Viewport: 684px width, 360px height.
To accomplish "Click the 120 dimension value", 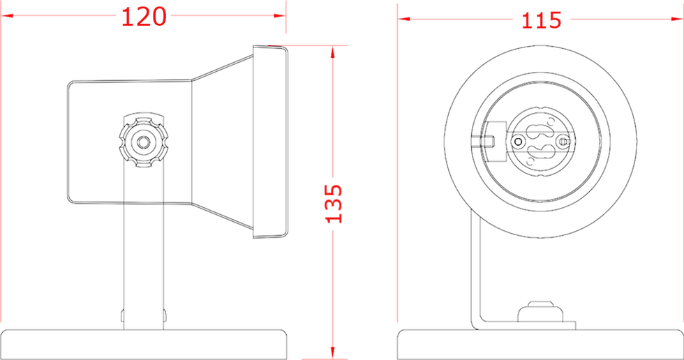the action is coord(144,17).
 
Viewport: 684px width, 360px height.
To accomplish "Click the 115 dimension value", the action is coord(542,20).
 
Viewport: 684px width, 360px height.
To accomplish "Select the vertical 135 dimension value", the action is coord(334,204).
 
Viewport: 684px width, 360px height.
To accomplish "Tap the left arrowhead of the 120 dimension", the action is coord(8,15).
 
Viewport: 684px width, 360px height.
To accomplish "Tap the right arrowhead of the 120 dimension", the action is coord(280,15).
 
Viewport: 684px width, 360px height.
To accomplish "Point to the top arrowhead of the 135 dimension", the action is coord(333,52).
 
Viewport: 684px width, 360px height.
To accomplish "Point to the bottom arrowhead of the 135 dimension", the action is coord(333,354).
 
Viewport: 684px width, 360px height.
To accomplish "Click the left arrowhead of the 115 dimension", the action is coord(403,19).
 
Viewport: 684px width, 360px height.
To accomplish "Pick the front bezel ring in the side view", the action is coord(271,142).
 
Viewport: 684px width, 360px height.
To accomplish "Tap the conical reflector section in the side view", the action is coord(223,142).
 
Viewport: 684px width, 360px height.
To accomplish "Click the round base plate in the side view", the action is coord(144,345).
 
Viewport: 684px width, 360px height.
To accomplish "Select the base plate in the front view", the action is coord(540,345).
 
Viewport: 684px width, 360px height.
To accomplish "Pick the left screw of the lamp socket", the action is coord(518,142).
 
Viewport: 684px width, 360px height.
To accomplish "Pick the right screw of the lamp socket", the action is coord(564,142).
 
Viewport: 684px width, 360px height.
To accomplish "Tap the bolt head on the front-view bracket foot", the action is coord(540,312).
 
